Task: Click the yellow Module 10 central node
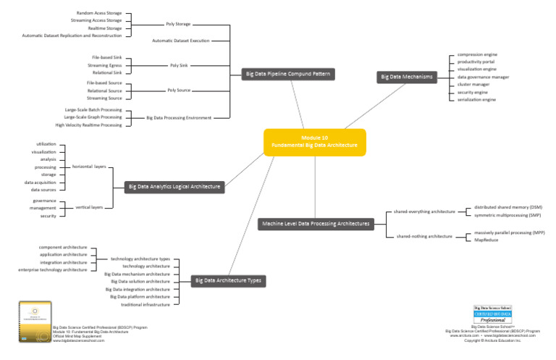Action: point(315,141)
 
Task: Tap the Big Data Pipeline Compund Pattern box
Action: point(288,73)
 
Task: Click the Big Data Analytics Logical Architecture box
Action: point(174,187)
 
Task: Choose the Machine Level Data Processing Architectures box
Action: point(316,224)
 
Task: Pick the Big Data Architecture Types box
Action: point(228,280)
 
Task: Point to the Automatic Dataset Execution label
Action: point(180,41)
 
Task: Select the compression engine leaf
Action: point(476,54)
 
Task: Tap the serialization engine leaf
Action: point(477,99)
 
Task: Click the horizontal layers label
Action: point(89,166)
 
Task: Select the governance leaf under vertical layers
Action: point(44,200)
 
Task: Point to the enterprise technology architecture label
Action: point(54,269)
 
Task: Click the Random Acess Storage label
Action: point(99,13)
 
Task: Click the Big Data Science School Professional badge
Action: point(494,315)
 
